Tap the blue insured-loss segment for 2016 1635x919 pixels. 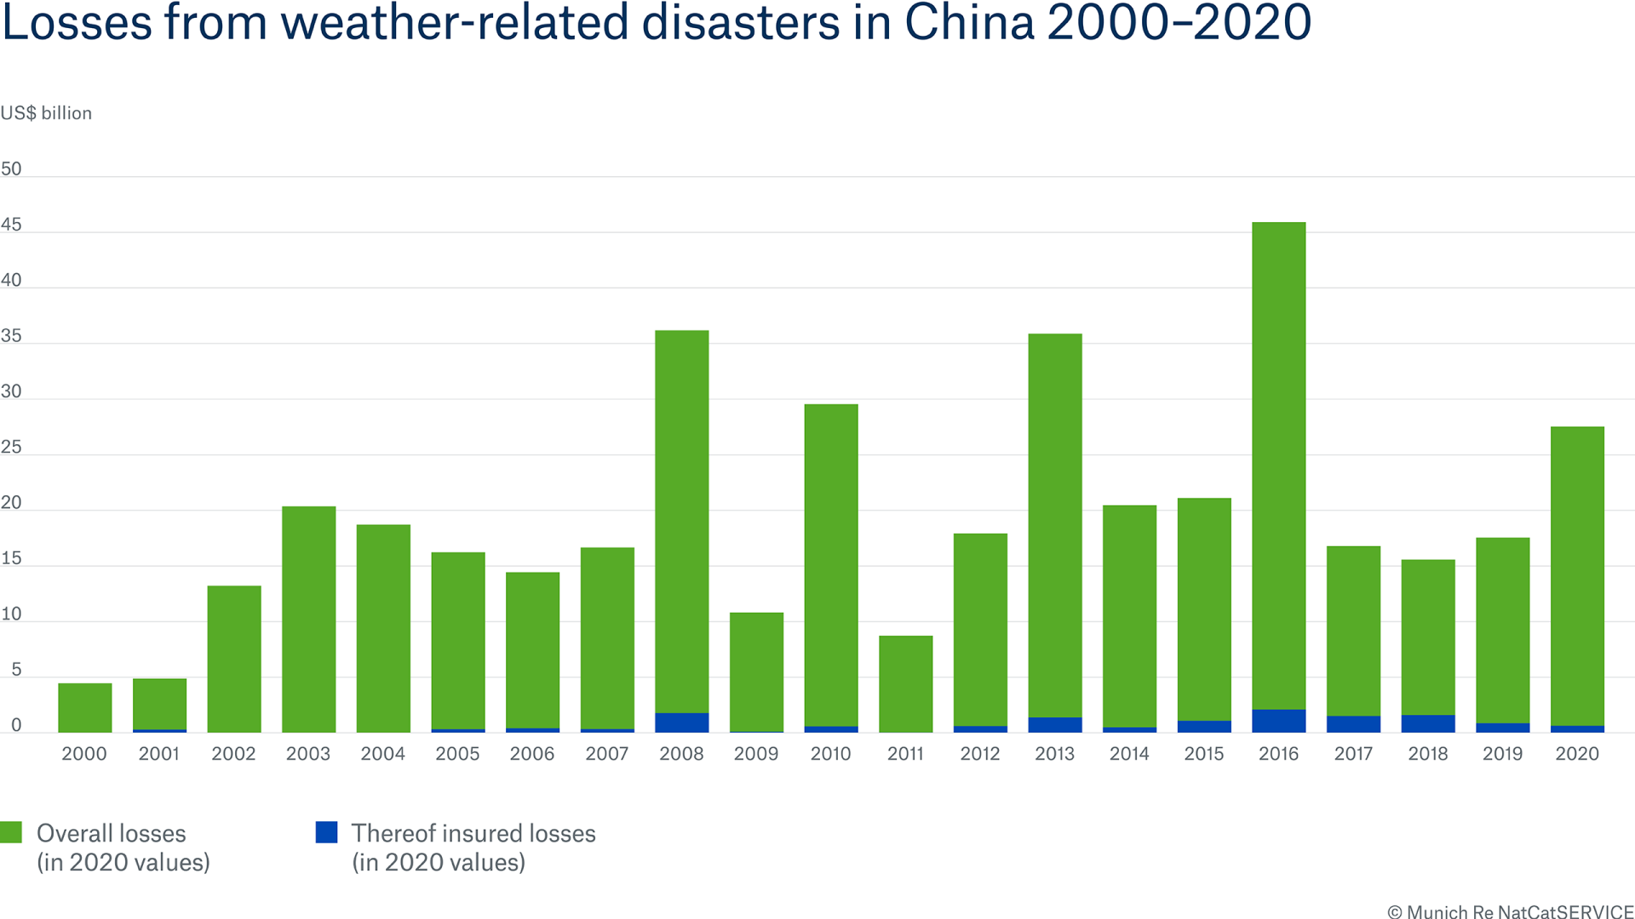tap(1278, 721)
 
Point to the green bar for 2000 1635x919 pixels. tap(84, 707)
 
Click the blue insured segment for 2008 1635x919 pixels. tap(681, 722)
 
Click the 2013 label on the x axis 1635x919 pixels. tap(1054, 754)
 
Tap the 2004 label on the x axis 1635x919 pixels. tap(382, 754)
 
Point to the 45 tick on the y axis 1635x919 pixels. tap(11, 225)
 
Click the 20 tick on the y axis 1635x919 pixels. tap(11, 503)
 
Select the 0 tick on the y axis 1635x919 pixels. tap(15, 726)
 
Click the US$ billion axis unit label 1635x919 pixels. tap(46, 113)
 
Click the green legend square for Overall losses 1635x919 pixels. tap(11, 832)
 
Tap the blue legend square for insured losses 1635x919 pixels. tap(326, 832)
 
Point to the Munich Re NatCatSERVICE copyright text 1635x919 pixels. tap(1510, 911)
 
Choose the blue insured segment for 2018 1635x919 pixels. tap(1428, 723)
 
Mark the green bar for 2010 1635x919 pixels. tap(830, 565)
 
